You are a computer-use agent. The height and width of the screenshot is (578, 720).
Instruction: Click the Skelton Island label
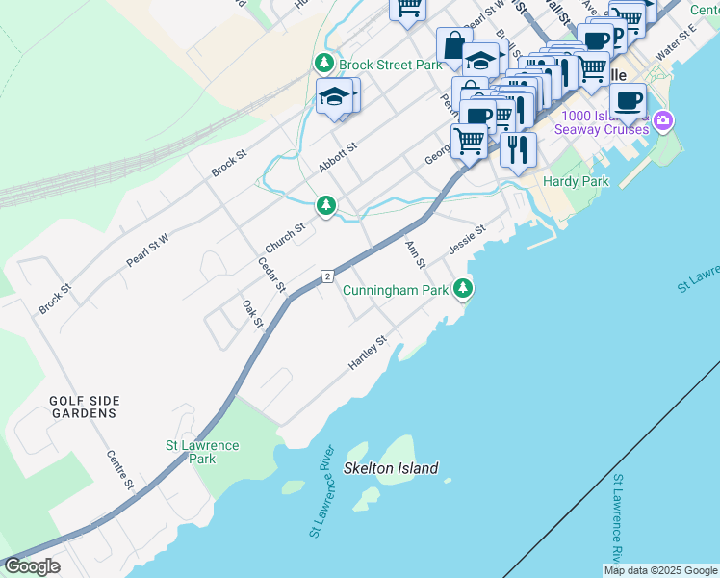point(391,469)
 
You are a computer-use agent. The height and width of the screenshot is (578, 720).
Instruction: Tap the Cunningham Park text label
point(395,289)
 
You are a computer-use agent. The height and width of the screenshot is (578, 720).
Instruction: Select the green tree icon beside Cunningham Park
point(464,288)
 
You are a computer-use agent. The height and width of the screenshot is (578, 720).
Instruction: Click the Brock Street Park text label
point(389,65)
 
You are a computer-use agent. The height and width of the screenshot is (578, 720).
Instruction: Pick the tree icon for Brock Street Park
point(324,64)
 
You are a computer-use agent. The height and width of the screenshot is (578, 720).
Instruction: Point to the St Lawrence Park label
point(202,452)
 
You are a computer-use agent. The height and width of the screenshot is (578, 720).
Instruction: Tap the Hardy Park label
point(576,181)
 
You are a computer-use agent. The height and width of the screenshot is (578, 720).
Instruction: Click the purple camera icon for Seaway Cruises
point(662,121)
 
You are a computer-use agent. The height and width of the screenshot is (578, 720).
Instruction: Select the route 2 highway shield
point(328,276)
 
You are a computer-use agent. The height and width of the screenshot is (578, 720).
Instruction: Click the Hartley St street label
point(368,354)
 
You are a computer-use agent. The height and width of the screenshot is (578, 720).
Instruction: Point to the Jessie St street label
point(467,240)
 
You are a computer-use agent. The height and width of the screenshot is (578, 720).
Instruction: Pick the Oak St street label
point(252,313)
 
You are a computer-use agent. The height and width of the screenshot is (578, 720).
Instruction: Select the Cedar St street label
point(272,275)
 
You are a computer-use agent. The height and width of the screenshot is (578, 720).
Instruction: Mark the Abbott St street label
point(338,158)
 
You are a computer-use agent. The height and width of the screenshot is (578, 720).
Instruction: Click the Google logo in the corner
point(32,566)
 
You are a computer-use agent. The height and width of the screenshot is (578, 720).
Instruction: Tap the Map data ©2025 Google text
point(660,570)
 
